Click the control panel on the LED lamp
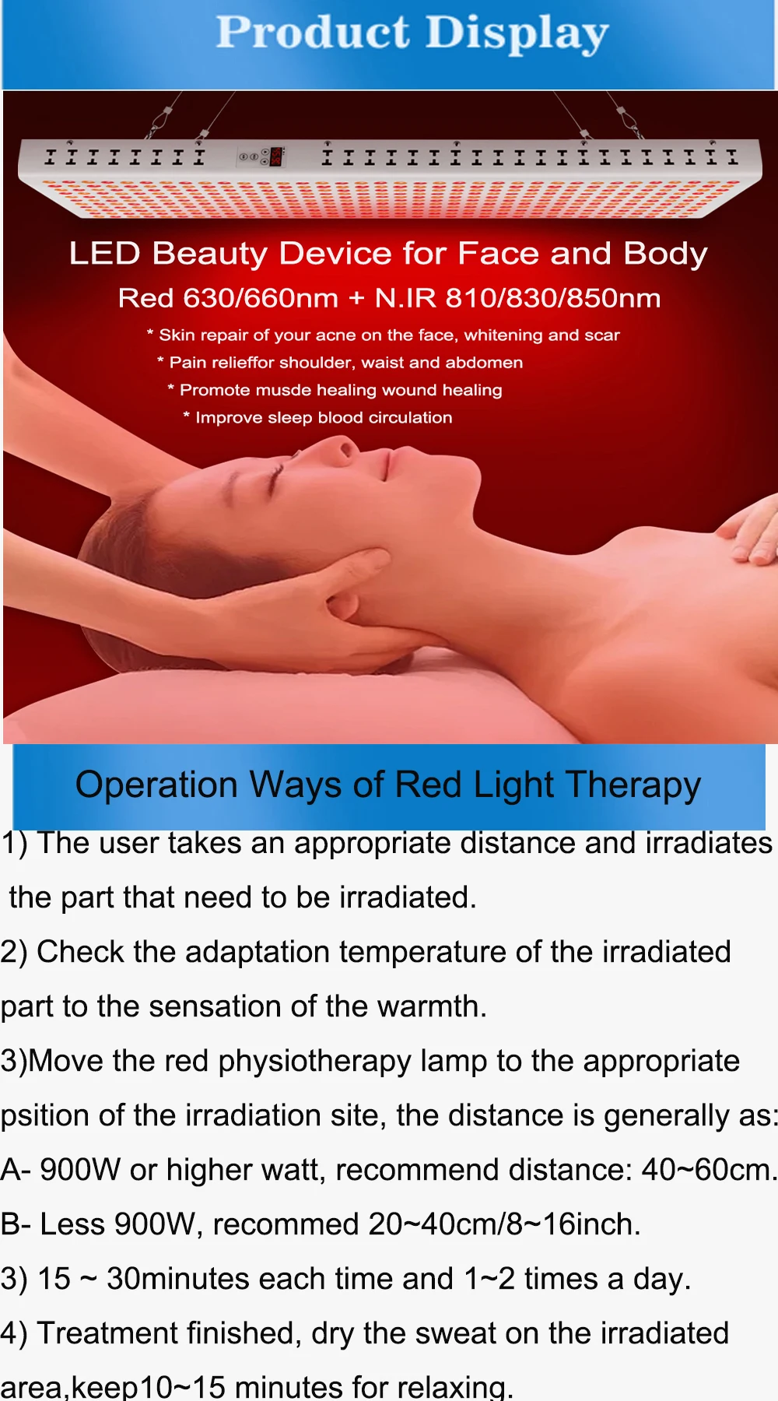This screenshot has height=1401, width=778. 261,156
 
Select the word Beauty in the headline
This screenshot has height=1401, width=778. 209,255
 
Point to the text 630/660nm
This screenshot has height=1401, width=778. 261,298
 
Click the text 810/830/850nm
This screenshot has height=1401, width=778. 553,298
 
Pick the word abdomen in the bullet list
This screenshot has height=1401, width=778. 484,363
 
